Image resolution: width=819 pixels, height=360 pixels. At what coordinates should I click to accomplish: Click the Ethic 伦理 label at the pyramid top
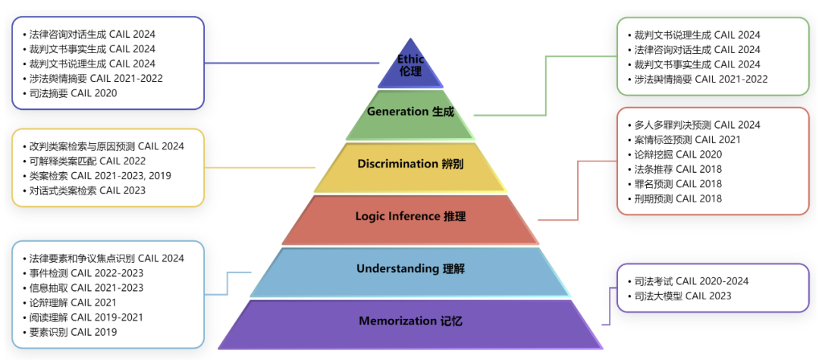pos(410,65)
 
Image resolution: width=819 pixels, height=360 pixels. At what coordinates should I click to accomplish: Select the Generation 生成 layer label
pos(410,111)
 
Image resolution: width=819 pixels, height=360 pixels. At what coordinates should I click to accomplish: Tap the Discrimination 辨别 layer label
pos(410,164)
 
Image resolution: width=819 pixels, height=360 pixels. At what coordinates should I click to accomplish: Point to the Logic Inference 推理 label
pos(410,216)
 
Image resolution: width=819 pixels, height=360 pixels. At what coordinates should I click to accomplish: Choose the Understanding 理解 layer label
pos(410,269)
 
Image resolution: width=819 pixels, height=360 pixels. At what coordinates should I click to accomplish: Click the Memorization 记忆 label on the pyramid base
pos(410,321)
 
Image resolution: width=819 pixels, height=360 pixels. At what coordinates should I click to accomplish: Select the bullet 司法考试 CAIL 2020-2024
pos(688,281)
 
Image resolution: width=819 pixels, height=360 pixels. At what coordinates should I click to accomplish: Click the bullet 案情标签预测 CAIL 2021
pos(684,139)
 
